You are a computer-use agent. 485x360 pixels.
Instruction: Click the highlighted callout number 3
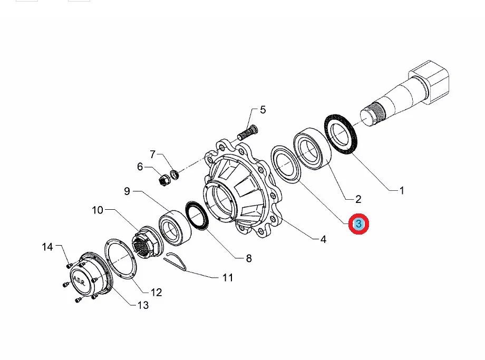coord(358,224)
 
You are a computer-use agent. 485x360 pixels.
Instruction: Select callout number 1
coord(402,190)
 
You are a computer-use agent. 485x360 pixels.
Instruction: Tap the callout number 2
coord(358,199)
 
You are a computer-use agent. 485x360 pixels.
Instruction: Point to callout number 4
coord(323,239)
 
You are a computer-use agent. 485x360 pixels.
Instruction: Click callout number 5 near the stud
coord(263,110)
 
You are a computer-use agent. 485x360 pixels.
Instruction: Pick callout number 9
coord(127,191)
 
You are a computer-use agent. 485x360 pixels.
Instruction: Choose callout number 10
coord(98,211)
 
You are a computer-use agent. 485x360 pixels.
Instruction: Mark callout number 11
coord(227,277)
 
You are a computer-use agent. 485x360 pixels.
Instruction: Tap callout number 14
coord(48,246)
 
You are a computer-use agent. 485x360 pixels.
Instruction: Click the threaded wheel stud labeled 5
coord(247,130)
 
